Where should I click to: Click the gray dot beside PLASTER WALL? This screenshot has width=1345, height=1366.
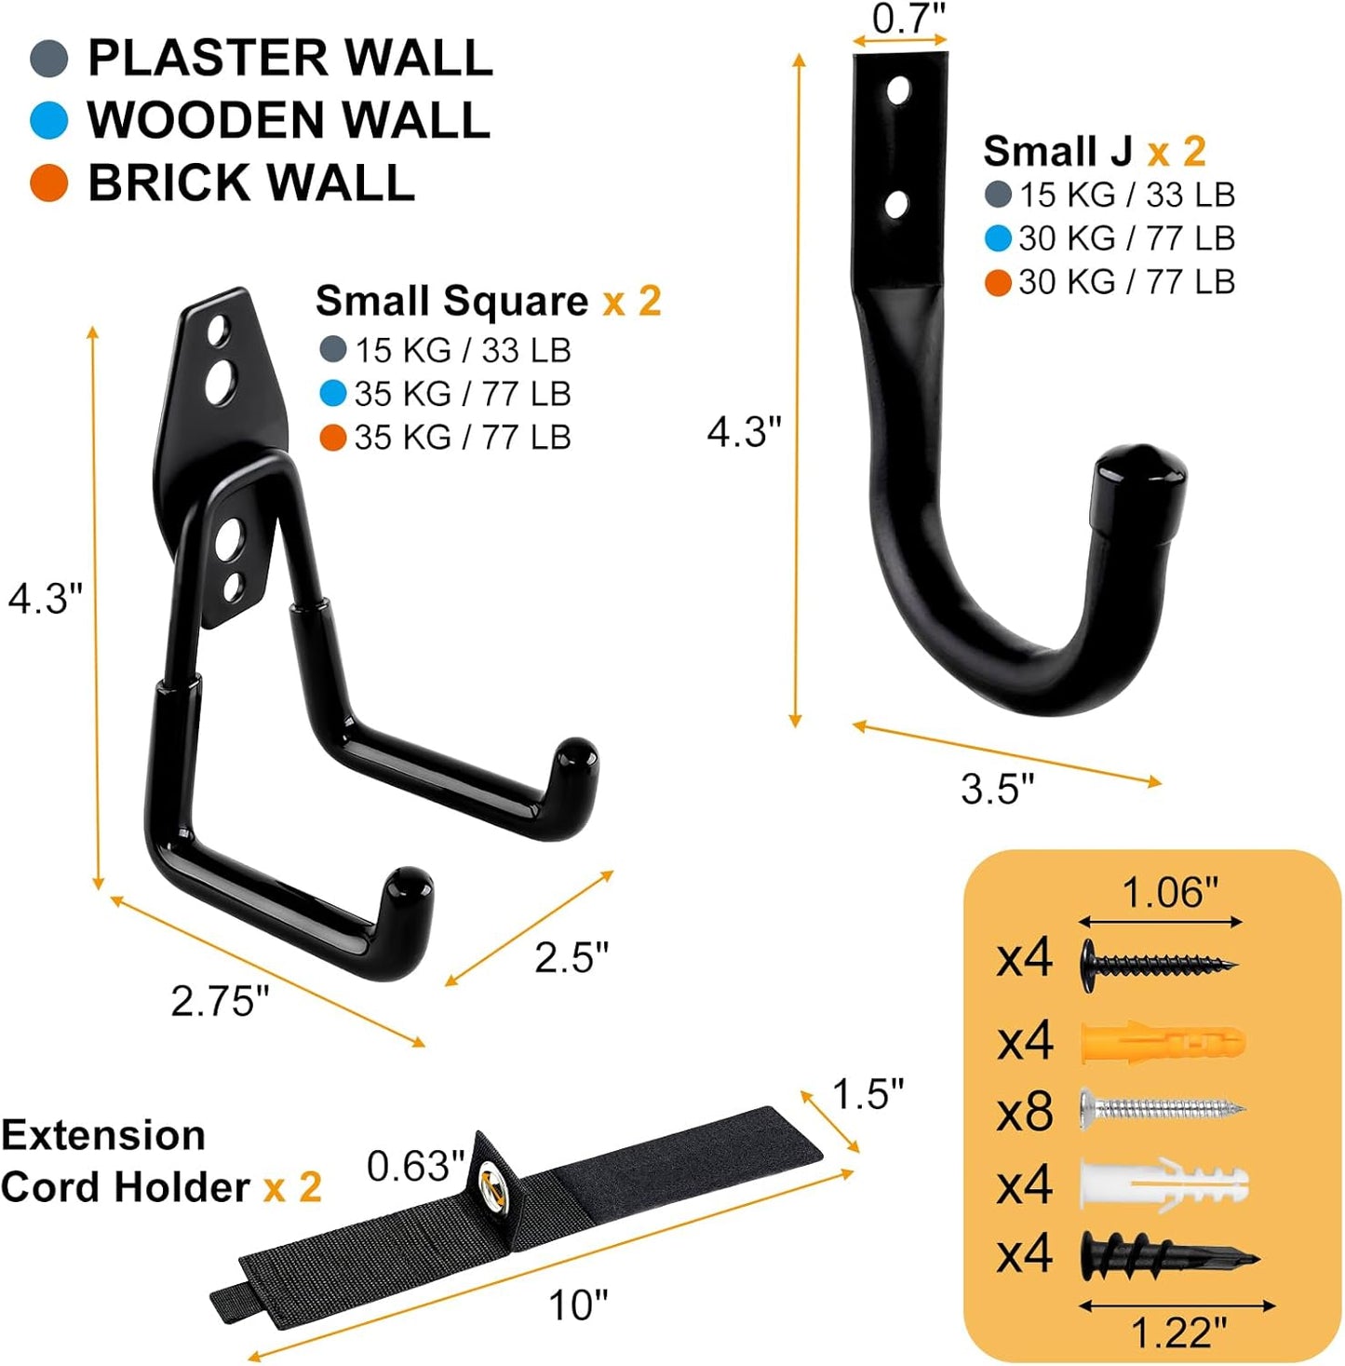click(x=49, y=58)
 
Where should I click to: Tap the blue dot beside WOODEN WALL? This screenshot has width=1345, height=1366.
click(x=49, y=120)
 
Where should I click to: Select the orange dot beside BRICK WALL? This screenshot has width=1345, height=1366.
click(x=49, y=183)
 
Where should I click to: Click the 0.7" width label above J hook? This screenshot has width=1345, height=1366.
click(x=908, y=18)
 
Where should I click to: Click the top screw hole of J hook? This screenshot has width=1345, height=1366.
click(x=898, y=91)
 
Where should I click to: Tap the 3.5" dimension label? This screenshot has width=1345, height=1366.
click(x=997, y=789)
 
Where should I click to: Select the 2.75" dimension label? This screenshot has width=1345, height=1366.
click(x=220, y=1001)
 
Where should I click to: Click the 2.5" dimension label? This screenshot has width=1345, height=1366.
click(x=571, y=957)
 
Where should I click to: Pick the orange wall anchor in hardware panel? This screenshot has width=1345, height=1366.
click(x=1162, y=1042)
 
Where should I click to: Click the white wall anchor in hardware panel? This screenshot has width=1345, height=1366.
click(x=1163, y=1184)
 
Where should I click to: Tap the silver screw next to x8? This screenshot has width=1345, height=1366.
click(x=1162, y=1108)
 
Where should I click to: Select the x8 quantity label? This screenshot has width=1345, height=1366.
click(x=1024, y=1112)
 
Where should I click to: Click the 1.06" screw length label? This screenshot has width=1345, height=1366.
click(x=1169, y=893)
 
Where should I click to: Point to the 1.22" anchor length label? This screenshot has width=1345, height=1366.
click(x=1177, y=1333)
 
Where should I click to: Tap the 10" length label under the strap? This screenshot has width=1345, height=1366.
click(x=577, y=1305)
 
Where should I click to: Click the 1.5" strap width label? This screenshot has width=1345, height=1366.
click(x=867, y=1094)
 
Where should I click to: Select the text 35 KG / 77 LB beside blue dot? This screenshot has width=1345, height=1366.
click(x=462, y=394)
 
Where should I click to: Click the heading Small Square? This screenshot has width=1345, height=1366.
click(x=451, y=301)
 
